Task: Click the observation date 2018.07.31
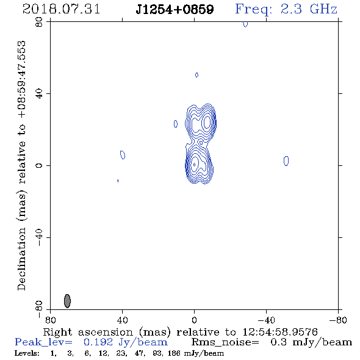(61, 9)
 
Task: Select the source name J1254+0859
(175, 10)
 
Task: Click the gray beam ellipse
(67, 301)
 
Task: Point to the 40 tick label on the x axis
(122, 320)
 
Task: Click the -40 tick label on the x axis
(266, 320)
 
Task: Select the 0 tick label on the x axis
(194, 320)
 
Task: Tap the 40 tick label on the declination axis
(39, 94)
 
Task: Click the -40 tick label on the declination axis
(39, 237)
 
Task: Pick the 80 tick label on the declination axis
(39, 22)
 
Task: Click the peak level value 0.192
(98, 342)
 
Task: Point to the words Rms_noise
(225, 342)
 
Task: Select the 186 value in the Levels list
(174, 353)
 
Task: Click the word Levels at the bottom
(27, 353)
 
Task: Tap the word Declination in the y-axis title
(21, 259)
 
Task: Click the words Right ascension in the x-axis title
(88, 332)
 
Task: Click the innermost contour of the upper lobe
(207, 122)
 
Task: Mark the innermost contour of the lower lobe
(194, 165)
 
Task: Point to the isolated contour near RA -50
(286, 161)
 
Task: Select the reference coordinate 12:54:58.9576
(280, 332)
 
